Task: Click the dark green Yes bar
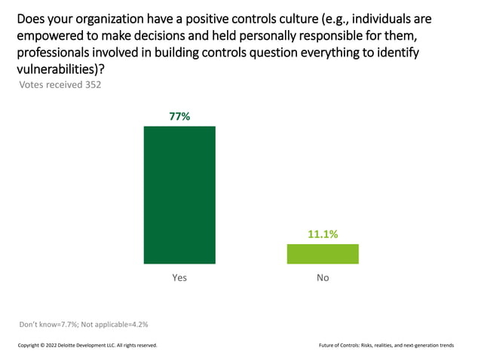[179, 194]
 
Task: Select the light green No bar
[323, 254]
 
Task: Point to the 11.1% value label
[323, 234]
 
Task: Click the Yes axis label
[179, 278]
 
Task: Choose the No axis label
[323, 278]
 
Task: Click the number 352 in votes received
[91, 84]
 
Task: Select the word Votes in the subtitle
[31, 84]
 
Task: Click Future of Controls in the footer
[343, 345]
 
